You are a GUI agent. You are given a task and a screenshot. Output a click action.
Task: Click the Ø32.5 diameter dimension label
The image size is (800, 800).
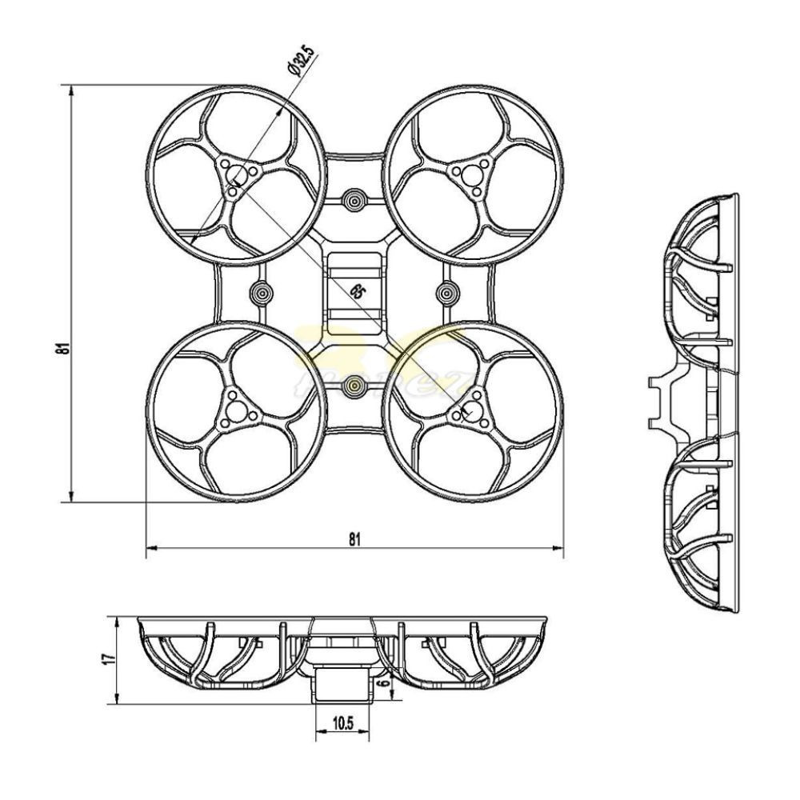302,62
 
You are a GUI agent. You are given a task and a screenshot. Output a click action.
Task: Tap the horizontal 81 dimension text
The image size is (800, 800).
354,538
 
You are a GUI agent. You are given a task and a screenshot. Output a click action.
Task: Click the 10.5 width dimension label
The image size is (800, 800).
342,724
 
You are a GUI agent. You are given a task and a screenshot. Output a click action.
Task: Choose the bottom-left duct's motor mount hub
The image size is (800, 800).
234,409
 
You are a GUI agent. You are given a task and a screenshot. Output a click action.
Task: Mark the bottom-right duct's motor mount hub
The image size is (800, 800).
472,409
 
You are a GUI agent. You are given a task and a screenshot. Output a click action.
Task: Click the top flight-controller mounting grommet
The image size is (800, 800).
354,198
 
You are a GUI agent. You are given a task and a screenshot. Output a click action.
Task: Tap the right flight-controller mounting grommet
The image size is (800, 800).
447,293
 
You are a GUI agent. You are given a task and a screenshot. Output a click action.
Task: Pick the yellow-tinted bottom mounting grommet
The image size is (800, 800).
354,388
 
